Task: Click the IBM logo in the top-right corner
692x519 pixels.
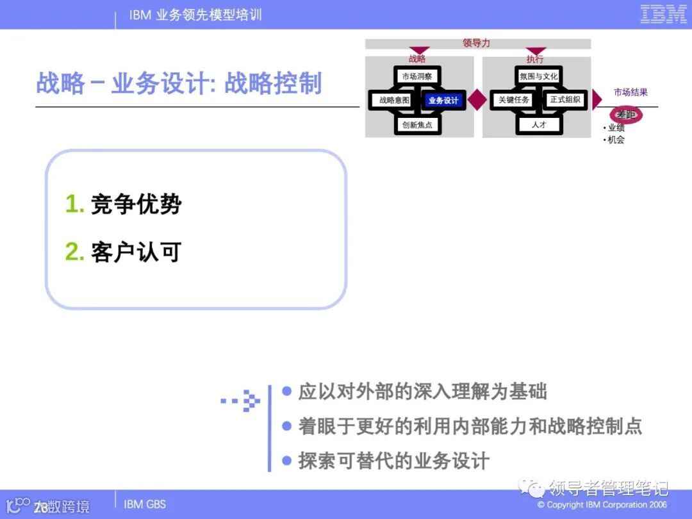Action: click(663, 15)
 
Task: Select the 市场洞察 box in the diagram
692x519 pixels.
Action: click(416, 76)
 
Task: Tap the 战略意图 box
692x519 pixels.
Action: click(393, 100)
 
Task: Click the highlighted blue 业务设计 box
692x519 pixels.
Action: click(443, 100)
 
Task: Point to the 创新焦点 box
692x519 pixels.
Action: click(416, 125)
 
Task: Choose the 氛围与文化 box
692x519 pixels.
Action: click(539, 76)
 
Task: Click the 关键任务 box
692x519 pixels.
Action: click(514, 100)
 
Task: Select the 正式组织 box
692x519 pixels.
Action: click(564, 100)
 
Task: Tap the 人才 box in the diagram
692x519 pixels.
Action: click(539, 125)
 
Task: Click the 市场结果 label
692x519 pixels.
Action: click(630, 92)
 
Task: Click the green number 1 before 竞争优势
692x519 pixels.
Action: click(74, 204)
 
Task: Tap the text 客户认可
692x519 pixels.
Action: click(136, 252)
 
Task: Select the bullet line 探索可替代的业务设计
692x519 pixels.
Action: click(393, 461)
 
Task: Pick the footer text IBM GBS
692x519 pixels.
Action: click(145, 504)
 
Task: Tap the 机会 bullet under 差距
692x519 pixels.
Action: click(616, 140)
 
